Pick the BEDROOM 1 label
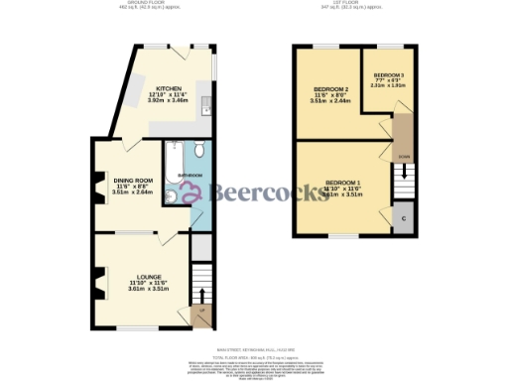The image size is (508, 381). pos(344,182)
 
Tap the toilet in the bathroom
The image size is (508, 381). pos(198,150)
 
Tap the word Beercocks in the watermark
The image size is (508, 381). pos(249,190)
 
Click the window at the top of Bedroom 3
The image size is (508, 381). pos(388,47)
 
